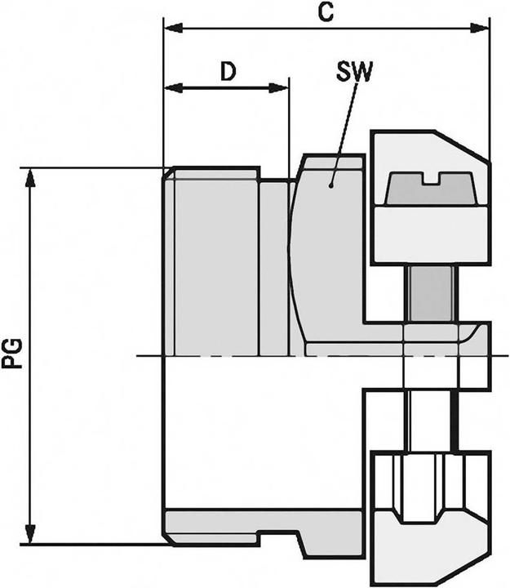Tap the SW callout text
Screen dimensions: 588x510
[354, 72]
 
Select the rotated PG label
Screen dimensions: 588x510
[14, 357]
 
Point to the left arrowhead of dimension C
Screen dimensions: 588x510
[171, 29]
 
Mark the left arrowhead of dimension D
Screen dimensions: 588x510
[171, 87]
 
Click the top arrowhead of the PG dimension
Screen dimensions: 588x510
[31, 176]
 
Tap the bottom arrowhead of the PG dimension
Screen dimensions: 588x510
[31, 536]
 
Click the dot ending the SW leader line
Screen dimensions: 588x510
[331, 185]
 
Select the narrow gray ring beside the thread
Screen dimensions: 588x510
[273, 265]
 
